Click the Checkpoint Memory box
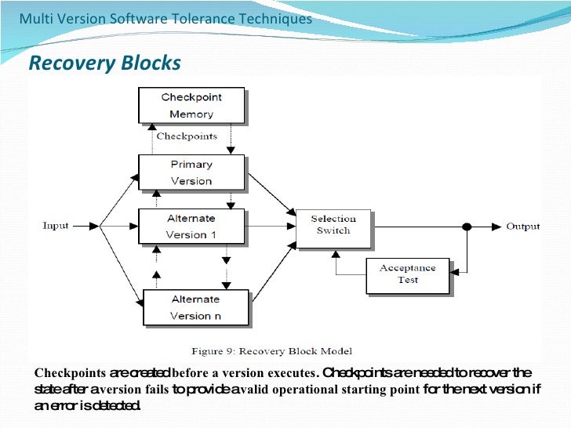[x=191, y=106]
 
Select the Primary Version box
[x=191, y=172]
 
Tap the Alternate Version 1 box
[x=191, y=227]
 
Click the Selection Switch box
[x=333, y=225]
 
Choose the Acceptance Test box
[x=408, y=274]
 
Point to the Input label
[x=56, y=226]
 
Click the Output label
[x=522, y=227]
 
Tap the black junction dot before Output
[x=466, y=227]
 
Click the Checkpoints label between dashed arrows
[x=187, y=136]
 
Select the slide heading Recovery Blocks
[x=104, y=63]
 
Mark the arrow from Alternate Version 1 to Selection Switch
[x=271, y=227]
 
